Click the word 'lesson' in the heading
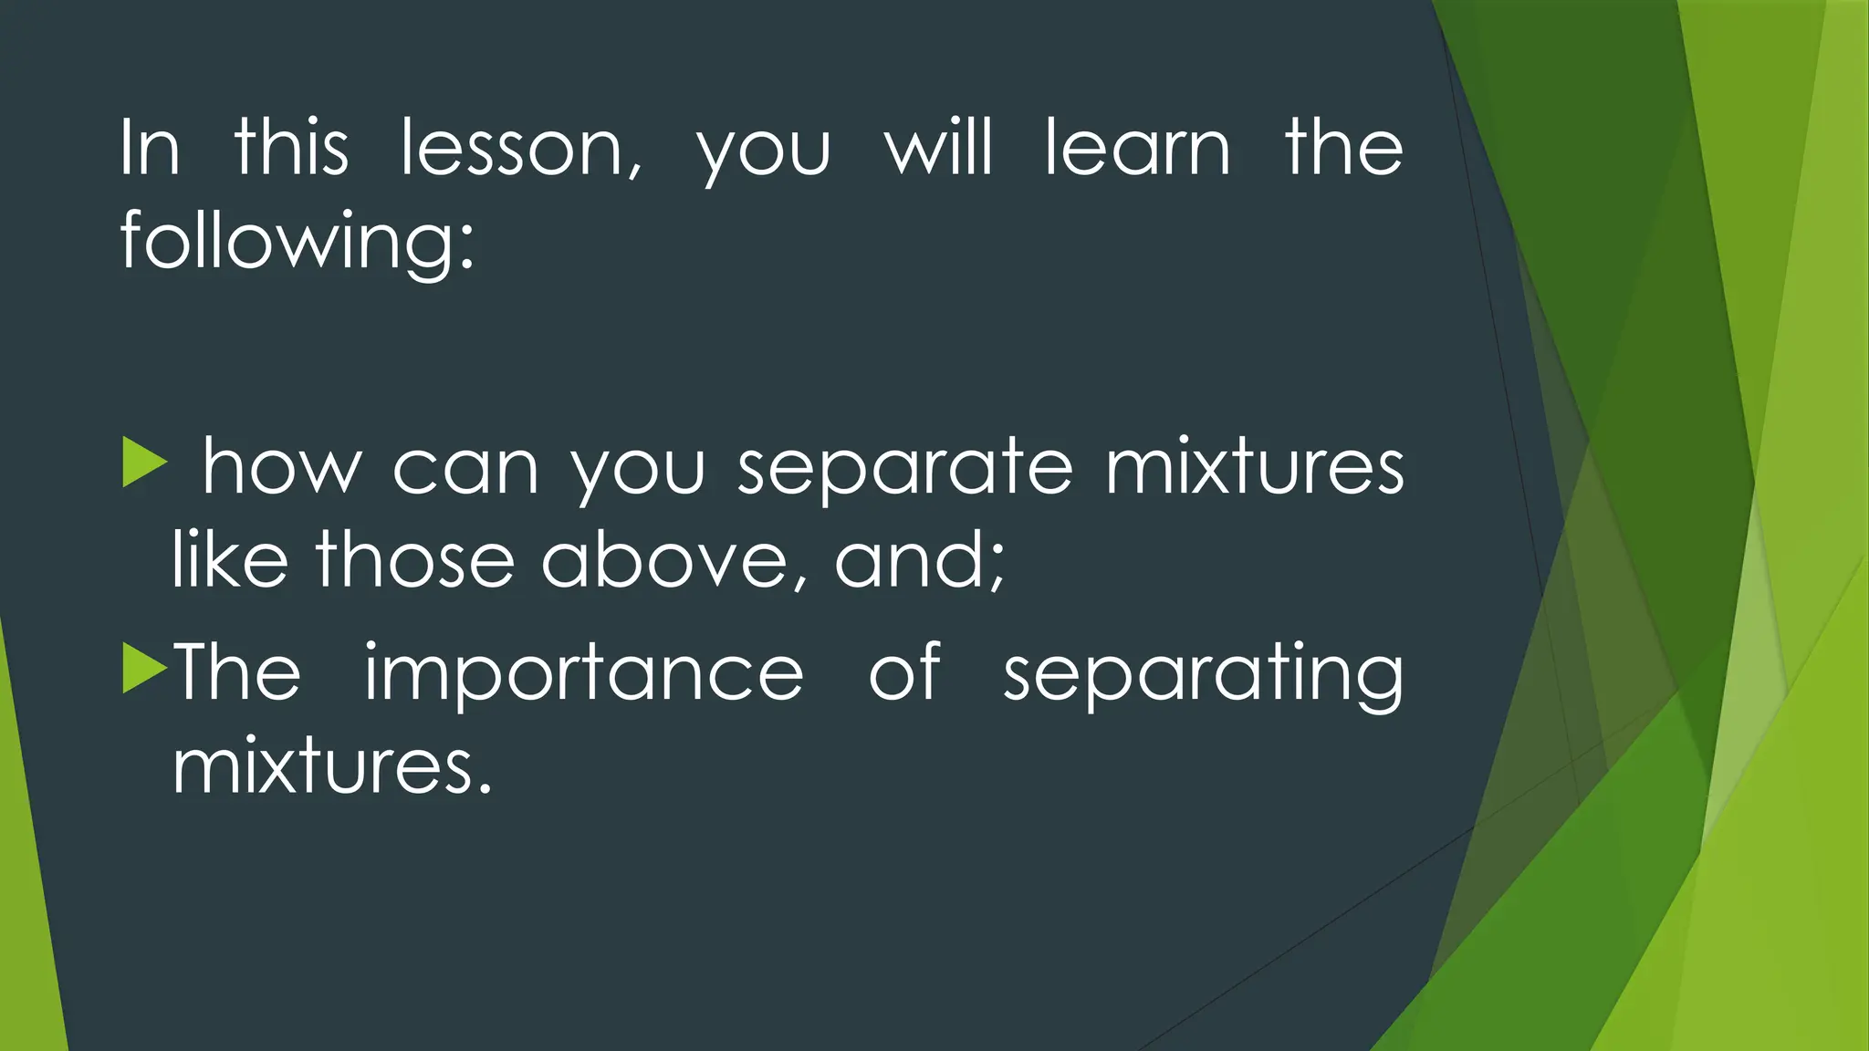coord(520,149)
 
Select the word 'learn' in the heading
coord(1137,149)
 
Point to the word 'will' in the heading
coord(938,149)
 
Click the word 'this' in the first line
coord(291,149)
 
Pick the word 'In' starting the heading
coord(150,149)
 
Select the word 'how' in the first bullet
coord(281,469)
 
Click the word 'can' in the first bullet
coord(465,469)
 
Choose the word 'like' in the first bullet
coord(229,559)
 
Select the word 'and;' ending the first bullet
coord(920,561)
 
